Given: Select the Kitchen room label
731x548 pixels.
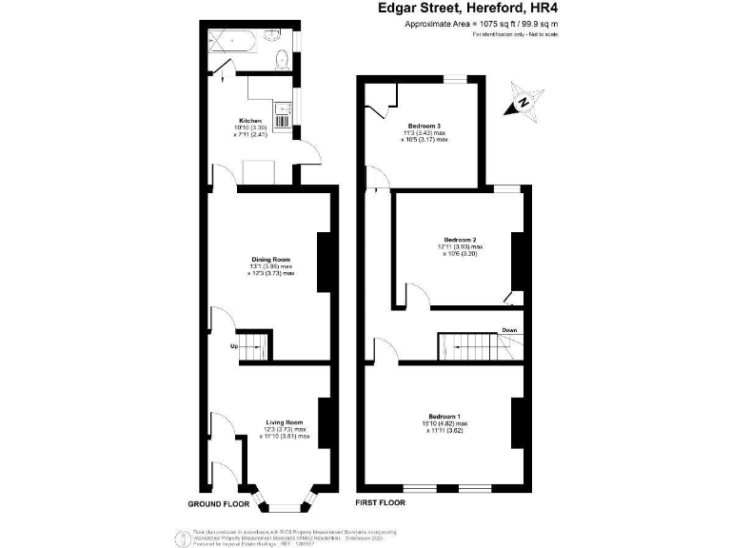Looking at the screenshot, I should [251, 121].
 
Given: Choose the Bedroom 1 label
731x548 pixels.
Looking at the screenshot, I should [444, 418].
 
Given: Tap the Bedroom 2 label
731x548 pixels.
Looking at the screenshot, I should [459, 238].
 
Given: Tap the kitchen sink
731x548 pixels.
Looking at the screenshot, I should [282, 120].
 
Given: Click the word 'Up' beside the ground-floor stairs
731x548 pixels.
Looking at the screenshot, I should [233, 346].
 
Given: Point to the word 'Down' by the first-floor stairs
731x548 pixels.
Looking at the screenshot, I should [509, 330].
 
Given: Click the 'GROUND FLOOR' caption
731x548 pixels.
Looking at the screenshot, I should [217, 501].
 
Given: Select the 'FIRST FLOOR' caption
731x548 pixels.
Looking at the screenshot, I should [380, 501].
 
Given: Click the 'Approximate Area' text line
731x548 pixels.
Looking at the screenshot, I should [481, 24].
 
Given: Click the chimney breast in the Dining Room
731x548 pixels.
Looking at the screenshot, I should [322, 260].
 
